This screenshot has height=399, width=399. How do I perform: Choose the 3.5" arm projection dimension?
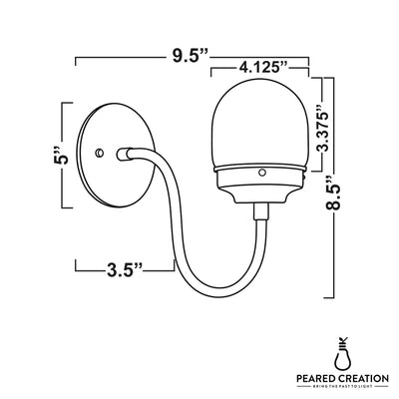pyautogui.click(x=125, y=267)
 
